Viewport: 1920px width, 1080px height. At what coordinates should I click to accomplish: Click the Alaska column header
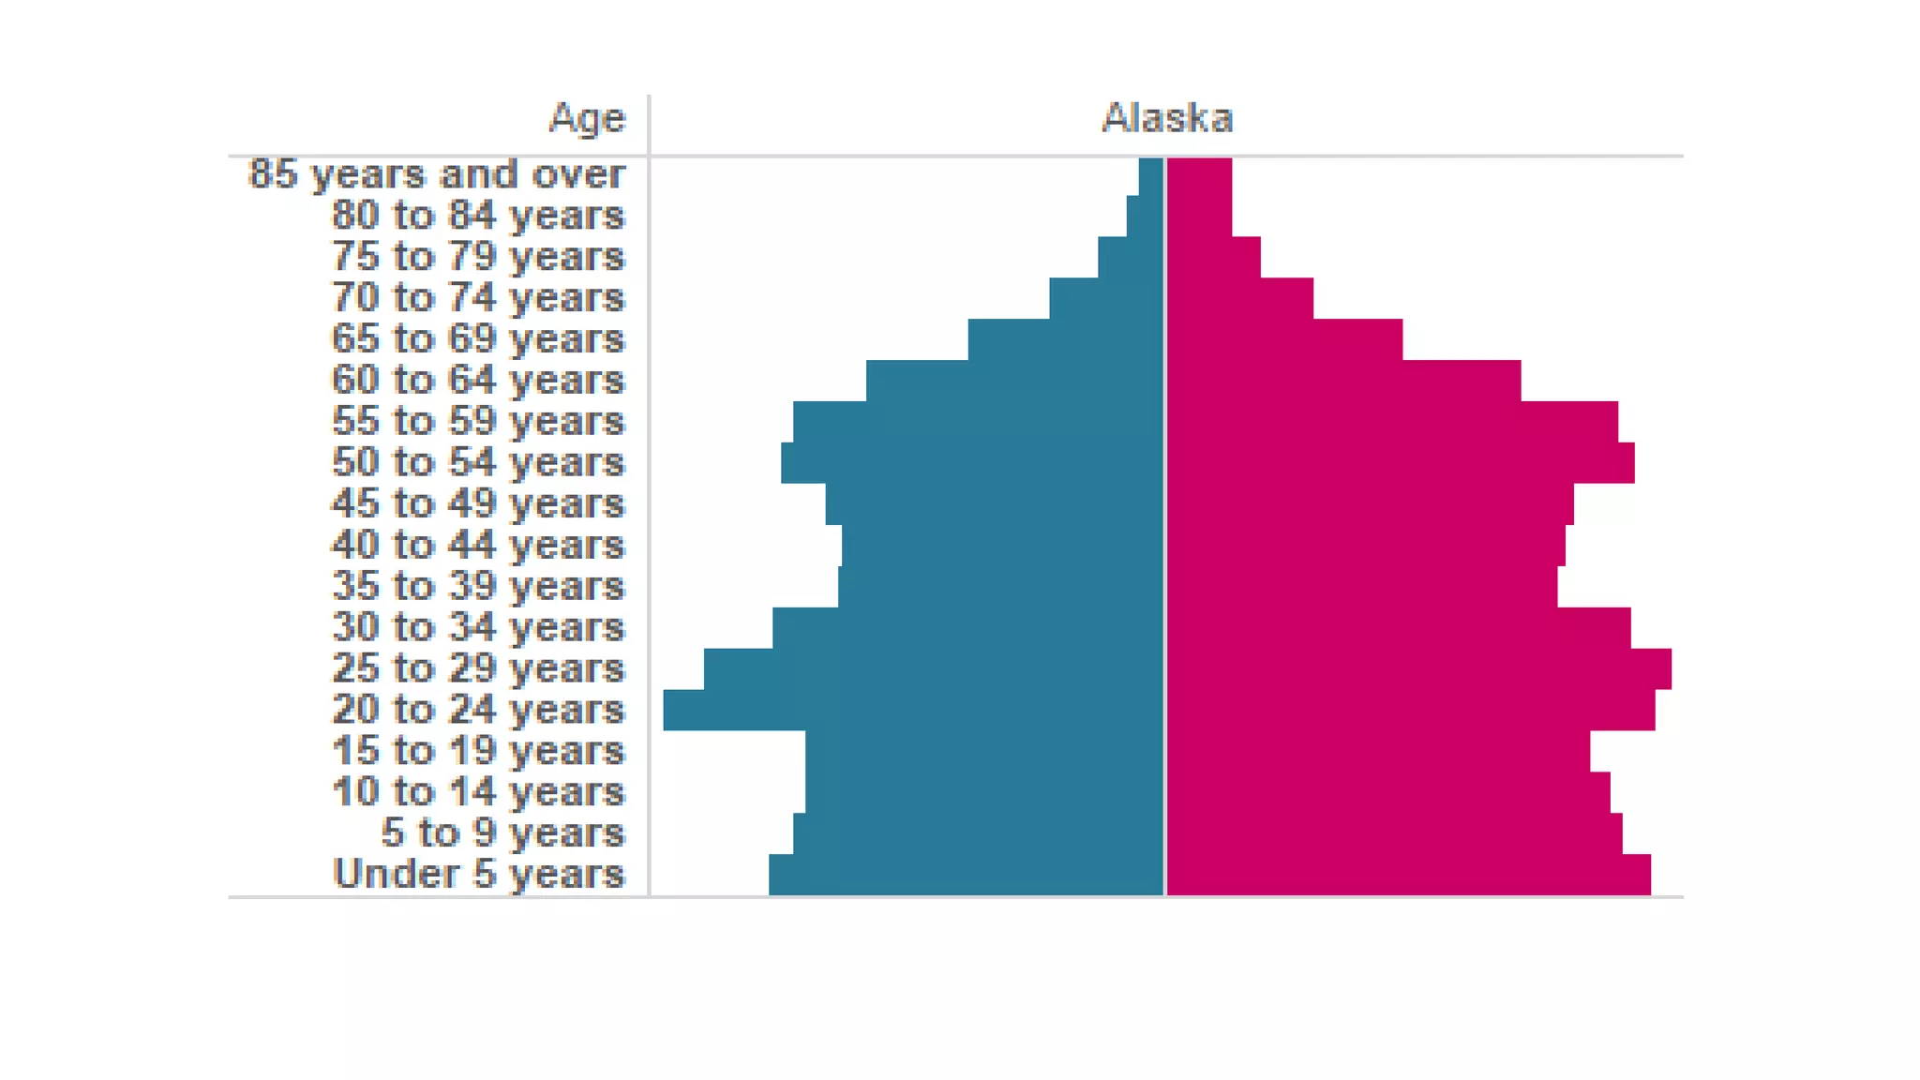[x=1166, y=118]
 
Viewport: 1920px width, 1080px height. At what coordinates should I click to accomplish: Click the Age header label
[x=587, y=119]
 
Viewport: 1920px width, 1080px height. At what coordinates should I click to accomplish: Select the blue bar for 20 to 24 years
[x=913, y=710]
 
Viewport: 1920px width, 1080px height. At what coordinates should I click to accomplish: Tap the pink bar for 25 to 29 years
[x=1418, y=668]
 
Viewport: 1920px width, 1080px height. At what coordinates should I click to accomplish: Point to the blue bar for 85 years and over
[x=1151, y=176]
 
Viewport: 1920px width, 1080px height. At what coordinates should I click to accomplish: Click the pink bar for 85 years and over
[x=1199, y=176]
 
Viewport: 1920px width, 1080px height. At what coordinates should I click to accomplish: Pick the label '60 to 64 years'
[x=478, y=381]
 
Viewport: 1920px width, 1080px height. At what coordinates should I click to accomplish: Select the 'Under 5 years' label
[x=478, y=874]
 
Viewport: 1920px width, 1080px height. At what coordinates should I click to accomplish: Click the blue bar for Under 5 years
[x=966, y=875]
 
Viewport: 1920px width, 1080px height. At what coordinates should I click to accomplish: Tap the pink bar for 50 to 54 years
[x=1401, y=463]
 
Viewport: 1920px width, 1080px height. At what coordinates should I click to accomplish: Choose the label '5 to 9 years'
[x=502, y=832]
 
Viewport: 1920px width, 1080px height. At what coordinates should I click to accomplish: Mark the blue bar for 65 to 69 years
[x=1066, y=339]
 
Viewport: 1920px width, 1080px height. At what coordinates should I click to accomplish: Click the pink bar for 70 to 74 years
[x=1239, y=298]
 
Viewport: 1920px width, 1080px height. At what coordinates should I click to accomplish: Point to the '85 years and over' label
[x=436, y=174]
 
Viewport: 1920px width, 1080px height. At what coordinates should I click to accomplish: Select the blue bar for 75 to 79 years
[x=1131, y=257]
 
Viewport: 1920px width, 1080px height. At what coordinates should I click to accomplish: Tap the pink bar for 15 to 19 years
[x=1378, y=751]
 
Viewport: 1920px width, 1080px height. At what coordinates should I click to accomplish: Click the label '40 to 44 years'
[x=478, y=545]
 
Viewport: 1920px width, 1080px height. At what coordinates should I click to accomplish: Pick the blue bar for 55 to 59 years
[x=978, y=422]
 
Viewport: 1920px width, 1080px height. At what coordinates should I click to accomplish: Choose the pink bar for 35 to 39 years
[x=1362, y=587]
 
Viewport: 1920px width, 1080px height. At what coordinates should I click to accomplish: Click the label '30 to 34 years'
[x=478, y=627]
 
